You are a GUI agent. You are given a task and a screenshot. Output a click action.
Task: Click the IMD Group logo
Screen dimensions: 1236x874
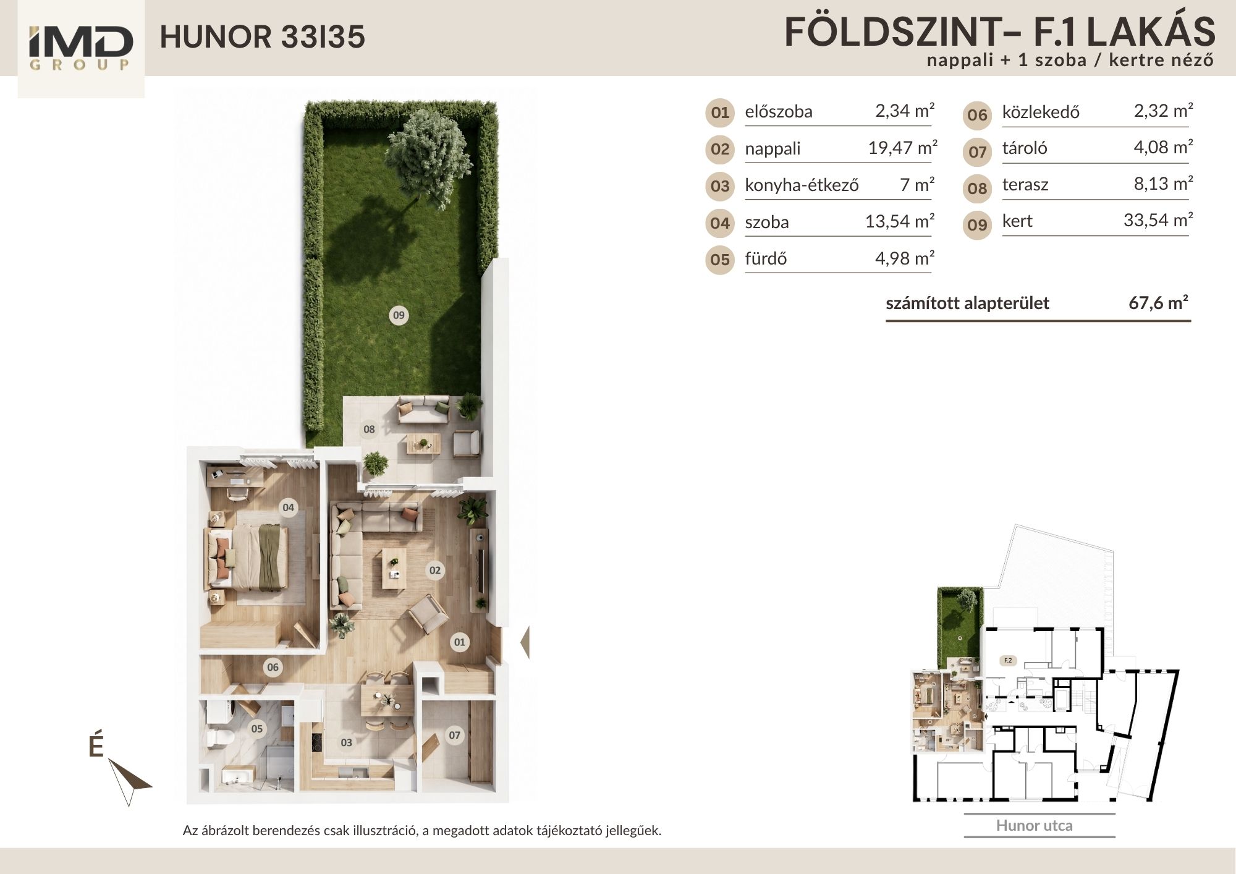pyautogui.click(x=80, y=49)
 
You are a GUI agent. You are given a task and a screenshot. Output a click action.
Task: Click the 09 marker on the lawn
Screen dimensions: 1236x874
pyautogui.click(x=399, y=315)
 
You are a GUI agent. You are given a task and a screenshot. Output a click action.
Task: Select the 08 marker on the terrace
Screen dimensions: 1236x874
pyautogui.click(x=369, y=429)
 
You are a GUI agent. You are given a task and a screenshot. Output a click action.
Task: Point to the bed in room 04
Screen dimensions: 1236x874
pyautogui.click(x=247, y=556)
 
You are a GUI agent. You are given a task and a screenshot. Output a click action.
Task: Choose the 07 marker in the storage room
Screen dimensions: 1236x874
pyautogui.click(x=455, y=735)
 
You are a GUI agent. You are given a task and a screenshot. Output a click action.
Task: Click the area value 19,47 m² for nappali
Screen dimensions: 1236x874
pyautogui.click(x=902, y=148)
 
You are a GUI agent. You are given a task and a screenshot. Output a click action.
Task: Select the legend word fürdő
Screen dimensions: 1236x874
pyautogui.click(x=766, y=258)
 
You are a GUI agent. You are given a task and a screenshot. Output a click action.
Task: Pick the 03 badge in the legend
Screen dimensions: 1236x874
pyautogui.click(x=720, y=186)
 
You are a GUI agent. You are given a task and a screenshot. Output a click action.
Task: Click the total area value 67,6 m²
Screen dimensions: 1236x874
pyautogui.click(x=1159, y=302)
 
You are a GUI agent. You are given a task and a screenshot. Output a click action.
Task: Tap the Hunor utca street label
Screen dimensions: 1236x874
pyautogui.click(x=1035, y=825)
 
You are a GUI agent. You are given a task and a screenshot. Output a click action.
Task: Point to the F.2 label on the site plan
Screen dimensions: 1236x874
pyautogui.click(x=1007, y=660)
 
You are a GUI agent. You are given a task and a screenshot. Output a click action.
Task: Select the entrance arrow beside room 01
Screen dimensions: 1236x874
pyautogui.click(x=525, y=643)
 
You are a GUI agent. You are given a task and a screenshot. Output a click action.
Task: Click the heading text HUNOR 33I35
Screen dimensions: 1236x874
pyautogui.click(x=263, y=37)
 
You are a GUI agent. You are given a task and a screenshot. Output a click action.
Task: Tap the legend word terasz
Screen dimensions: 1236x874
pyautogui.click(x=1025, y=185)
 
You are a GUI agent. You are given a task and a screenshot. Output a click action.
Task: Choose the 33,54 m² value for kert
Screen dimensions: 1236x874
pyautogui.click(x=1158, y=220)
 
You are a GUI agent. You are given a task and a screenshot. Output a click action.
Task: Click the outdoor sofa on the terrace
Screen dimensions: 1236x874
pyautogui.click(x=423, y=411)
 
